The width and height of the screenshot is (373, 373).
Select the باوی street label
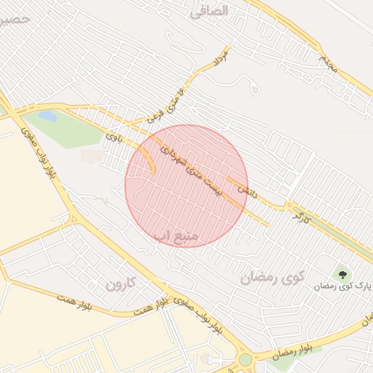pos(112,136)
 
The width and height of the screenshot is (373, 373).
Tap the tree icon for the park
pos(342,274)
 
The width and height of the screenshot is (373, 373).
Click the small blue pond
pos(47,116)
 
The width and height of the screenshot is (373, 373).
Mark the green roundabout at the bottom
pos(246,360)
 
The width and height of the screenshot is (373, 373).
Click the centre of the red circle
pos(186,186)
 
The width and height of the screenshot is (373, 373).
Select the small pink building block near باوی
pos(91,156)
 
